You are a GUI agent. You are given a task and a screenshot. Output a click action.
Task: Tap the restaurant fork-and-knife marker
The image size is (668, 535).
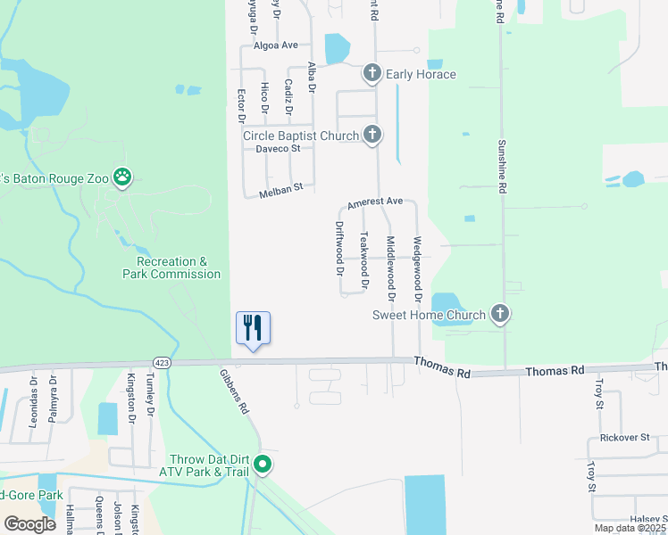(x=253, y=327)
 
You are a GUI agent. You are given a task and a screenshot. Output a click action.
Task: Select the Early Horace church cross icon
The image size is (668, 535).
(x=372, y=74)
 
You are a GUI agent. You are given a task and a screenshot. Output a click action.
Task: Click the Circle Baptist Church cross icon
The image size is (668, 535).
(x=372, y=136)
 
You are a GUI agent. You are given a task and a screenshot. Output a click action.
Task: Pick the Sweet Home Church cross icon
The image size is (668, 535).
(x=500, y=314)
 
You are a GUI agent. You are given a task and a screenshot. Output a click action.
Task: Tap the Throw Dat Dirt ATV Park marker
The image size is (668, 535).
(x=263, y=464)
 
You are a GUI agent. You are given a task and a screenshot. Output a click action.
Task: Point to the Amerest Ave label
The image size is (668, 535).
(x=376, y=202)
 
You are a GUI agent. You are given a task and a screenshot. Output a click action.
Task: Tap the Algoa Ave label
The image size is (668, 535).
(x=275, y=45)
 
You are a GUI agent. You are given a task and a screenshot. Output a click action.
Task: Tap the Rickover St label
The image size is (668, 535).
(x=625, y=438)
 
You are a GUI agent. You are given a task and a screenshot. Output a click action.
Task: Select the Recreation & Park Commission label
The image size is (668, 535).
(x=171, y=267)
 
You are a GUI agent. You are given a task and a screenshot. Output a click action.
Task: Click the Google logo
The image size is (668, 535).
(x=30, y=524)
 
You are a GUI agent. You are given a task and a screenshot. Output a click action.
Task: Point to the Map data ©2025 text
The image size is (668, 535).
(x=630, y=528)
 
